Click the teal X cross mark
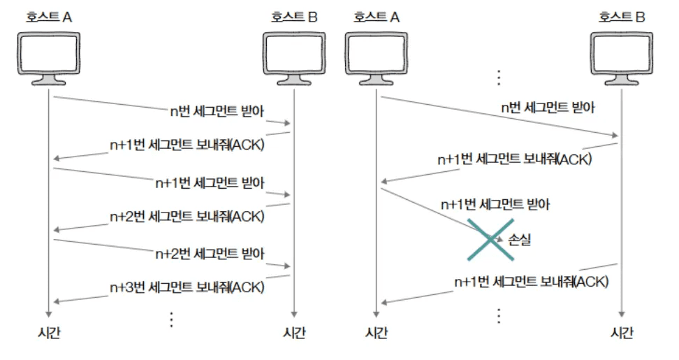click(x=492, y=240)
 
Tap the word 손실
click(x=520, y=239)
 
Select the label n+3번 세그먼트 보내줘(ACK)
click(x=187, y=287)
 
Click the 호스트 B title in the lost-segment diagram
click(x=621, y=17)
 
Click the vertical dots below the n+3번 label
click(x=171, y=319)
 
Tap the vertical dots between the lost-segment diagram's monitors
click(x=499, y=75)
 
